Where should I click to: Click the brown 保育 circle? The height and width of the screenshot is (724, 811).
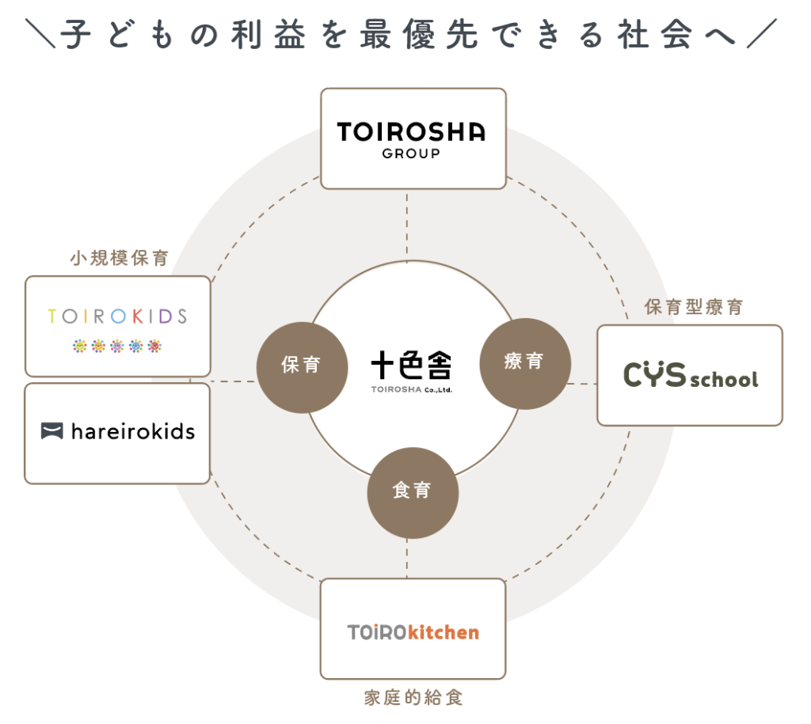click(x=302, y=365)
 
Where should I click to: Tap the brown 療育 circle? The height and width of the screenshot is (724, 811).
click(x=524, y=363)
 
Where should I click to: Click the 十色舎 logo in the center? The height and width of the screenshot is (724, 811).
click(x=412, y=366)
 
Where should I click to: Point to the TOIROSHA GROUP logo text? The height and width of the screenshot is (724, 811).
click(x=411, y=131)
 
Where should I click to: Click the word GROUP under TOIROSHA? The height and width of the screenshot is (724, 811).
click(x=411, y=154)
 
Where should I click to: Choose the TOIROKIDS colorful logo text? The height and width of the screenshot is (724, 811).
click(x=117, y=317)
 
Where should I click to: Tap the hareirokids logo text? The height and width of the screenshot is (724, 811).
click(x=132, y=431)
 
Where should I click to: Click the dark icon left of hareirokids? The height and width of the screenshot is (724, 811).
click(x=51, y=431)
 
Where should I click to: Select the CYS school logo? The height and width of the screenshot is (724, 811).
click(x=690, y=376)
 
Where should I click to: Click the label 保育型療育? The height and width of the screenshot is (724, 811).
click(x=694, y=308)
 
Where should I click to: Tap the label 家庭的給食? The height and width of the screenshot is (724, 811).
click(x=413, y=698)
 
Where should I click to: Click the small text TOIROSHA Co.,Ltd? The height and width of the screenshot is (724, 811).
click(x=412, y=389)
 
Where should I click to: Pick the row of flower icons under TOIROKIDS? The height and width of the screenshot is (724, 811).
click(x=116, y=346)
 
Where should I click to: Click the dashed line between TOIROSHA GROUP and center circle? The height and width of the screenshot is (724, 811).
click(x=407, y=225)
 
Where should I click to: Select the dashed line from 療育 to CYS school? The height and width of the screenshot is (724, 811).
click(x=583, y=384)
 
